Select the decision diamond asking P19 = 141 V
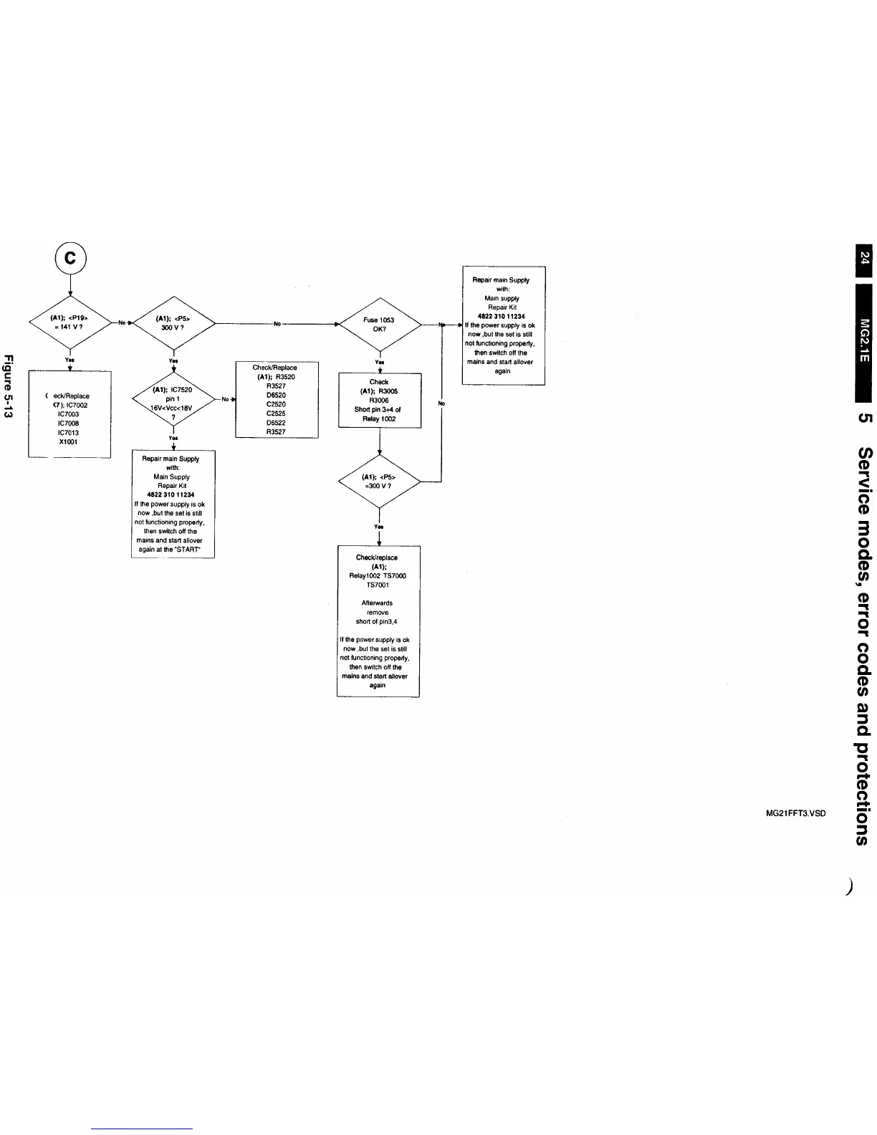tap(70, 323)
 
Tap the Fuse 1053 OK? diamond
tap(379, 325)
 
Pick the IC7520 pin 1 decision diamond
tap(173, 399)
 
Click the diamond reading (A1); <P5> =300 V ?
tap(378, 482)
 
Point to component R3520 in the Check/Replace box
tap(284, 377)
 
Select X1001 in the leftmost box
tap(69, 442)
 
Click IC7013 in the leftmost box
tap(69, 433)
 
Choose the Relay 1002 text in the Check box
tap(379, 419)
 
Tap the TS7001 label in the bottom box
tap(378, 585)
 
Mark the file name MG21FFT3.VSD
tap(796, 813)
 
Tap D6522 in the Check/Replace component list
tap(276, 423)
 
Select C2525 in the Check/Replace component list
tap(276, 413)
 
